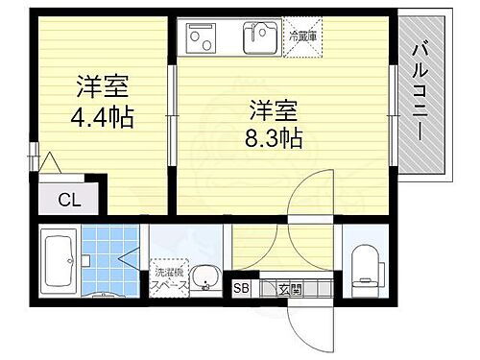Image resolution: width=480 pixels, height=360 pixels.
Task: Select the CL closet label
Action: click(70, 201)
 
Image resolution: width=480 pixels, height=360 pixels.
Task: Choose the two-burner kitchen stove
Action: click(204, 38)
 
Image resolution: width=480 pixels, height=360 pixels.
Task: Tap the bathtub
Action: click(60, 261)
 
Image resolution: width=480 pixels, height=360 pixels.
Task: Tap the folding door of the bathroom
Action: click(132, 256)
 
